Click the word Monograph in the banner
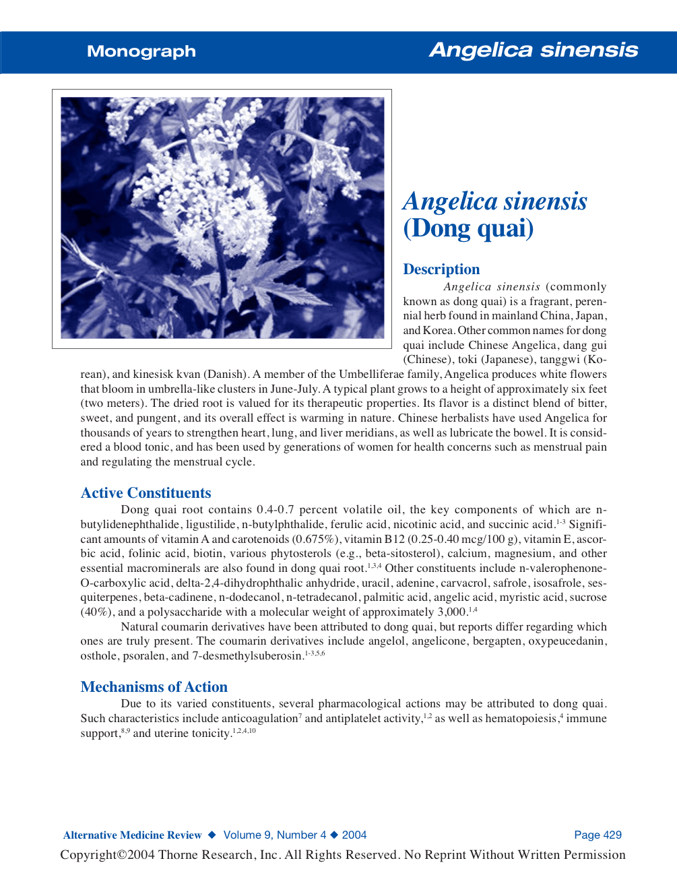[141, 51]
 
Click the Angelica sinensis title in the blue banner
[534, 50]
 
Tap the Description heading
[441, 269]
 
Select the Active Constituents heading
[146, 493]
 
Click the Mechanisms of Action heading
[154, 687]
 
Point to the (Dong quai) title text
[468, 228]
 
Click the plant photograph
[222, 218]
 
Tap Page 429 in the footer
[598, 835]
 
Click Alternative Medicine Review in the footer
[132, 835]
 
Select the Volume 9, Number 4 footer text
[275, 835]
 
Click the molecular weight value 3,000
[452, 612]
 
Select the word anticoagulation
[260, 719]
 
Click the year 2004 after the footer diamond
[354, 835]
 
